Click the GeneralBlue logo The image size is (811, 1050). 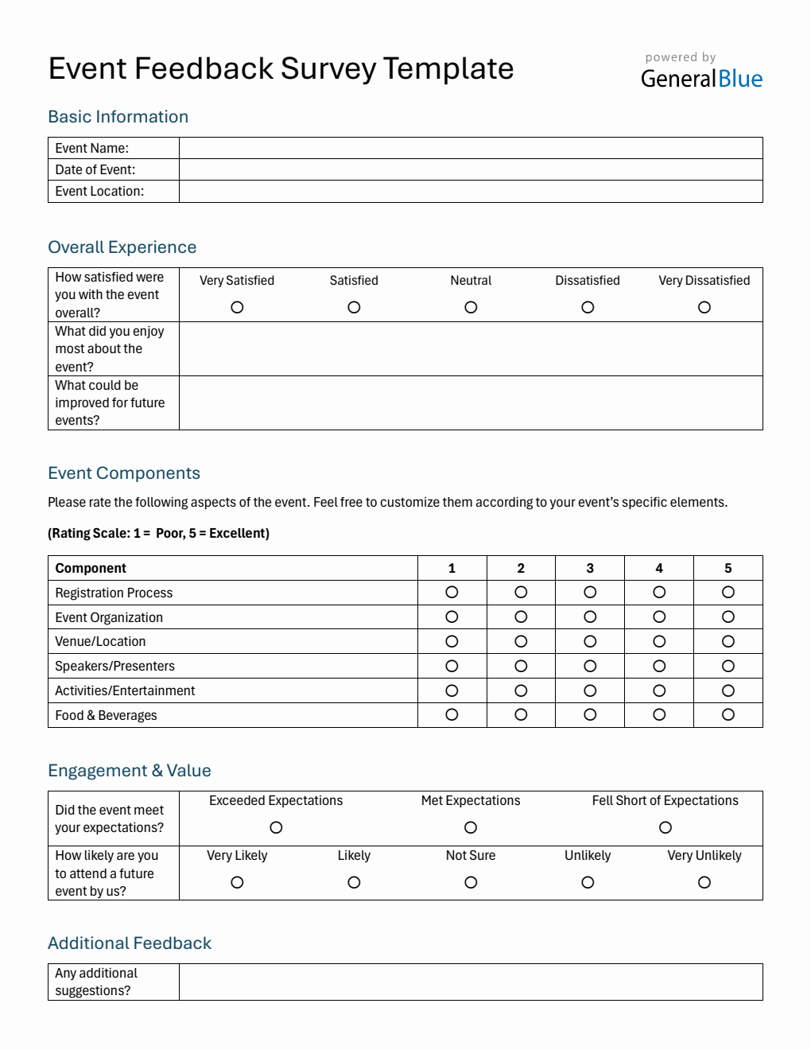701,78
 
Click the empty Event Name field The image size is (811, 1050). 471,148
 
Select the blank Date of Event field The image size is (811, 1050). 471,169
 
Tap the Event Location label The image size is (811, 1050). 99,191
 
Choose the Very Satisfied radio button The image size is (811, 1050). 237,307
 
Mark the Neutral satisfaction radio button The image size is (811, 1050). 471,307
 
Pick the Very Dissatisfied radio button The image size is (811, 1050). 704,307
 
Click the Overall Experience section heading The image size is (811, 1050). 122,247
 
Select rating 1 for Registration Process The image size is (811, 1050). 452,592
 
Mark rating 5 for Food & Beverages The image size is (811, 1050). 728,714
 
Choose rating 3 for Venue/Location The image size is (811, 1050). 590,641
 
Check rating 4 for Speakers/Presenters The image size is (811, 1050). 659,666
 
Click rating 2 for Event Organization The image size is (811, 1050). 521,616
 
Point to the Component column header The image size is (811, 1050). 91,568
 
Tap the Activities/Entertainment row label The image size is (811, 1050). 125,690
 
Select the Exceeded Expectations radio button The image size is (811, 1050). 276,827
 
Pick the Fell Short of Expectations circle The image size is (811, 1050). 665,827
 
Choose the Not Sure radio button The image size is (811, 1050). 471,882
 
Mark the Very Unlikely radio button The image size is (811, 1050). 704,882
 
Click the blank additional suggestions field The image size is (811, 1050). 471,982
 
